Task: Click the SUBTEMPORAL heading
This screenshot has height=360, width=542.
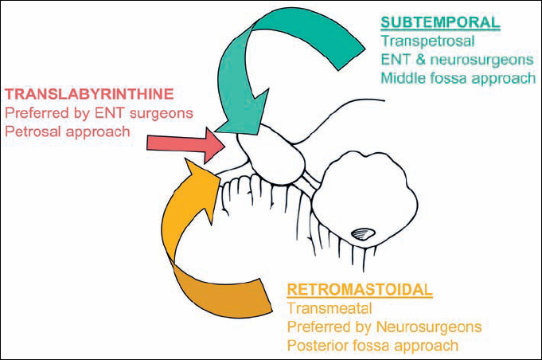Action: click(x=440, y=21)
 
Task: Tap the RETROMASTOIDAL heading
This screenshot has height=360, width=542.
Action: click(x=359, y=288)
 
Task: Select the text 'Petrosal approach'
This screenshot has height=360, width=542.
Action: click(x=68, y=131)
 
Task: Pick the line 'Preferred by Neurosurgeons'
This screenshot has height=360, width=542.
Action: click(x=383, y=327)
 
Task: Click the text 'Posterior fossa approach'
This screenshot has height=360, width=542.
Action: click(x=372, y=346)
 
